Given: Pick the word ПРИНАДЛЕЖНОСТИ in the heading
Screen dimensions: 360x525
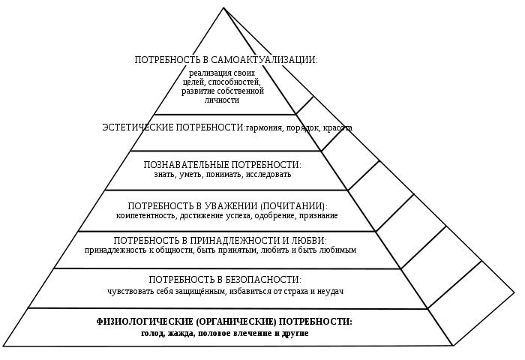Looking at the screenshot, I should click(218, 240).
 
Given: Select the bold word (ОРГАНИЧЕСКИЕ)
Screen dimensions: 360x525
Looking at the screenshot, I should click(229, 321).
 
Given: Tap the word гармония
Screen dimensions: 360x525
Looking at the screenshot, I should click(267, 128).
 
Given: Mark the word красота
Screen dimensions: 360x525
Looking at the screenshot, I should click(337, 128).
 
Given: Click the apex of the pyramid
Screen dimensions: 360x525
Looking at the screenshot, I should click(223, 8).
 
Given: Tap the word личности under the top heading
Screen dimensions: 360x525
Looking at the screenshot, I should click(222, 100).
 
